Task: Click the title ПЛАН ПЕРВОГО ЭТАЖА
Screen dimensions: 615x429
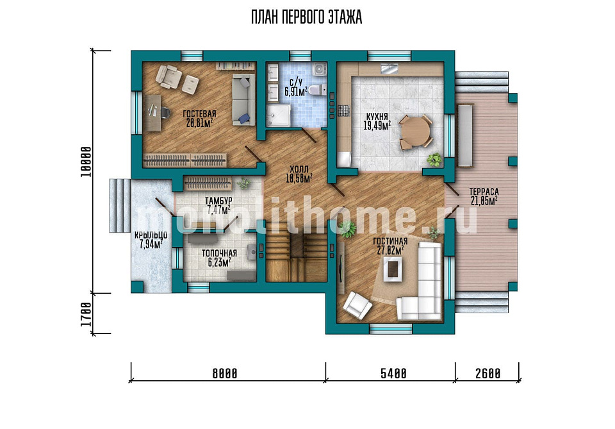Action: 306,17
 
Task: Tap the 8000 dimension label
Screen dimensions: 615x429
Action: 225,373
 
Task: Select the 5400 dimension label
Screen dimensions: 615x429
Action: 393,373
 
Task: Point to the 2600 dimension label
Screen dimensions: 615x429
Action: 488,373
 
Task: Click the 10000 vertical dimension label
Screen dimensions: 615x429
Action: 86,162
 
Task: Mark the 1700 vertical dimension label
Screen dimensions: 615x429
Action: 86,314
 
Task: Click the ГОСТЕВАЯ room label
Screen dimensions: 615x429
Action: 199,114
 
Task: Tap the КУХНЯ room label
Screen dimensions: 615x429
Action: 377,117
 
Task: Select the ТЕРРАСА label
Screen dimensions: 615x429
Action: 484,192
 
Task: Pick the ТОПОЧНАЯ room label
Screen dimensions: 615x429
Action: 219,253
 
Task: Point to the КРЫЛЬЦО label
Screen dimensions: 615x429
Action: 151,235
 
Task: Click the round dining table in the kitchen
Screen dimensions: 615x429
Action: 416,132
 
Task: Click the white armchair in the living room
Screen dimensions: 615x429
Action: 357,305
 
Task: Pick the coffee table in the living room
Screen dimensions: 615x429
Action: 393,269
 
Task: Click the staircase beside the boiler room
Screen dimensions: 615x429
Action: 296,256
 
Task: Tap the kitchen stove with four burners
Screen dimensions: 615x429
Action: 344,110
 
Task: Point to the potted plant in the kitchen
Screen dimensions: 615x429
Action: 434,159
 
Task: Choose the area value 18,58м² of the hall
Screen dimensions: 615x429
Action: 299,178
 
